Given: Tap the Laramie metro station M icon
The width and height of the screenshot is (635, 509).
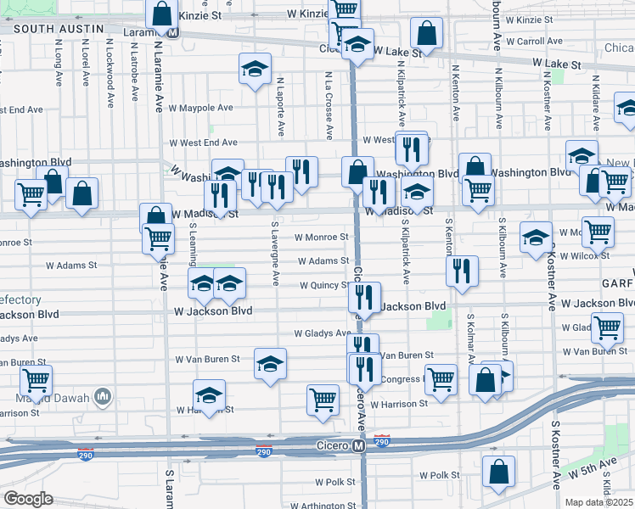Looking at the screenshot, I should pos(172,32).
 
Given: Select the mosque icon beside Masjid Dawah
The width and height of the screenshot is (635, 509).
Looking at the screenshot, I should pos(104,395).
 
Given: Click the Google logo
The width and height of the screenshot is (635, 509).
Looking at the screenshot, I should pos(28,498).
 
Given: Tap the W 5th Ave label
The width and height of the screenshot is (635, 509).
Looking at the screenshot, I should pos(594,466).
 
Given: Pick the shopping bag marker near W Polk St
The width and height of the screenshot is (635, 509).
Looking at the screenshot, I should pos(498,472).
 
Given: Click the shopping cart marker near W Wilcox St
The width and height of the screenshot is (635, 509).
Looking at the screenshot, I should pos(598,231).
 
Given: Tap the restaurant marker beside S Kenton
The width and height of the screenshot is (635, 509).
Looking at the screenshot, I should pos(461,271).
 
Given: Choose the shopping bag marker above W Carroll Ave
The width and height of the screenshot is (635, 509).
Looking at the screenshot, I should pos(426,34).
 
